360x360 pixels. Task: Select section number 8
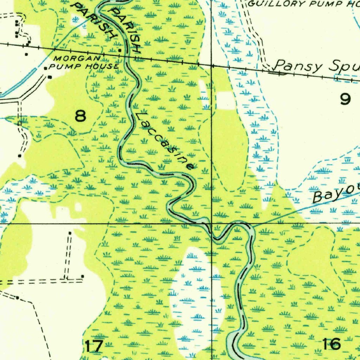[x=81, y=116]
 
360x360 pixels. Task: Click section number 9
[x=345, y=99]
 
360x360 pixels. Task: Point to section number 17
[x=94, y=346]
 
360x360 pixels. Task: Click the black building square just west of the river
[x=120, y=51]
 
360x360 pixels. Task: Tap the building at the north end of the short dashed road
[x=70, y=233]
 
